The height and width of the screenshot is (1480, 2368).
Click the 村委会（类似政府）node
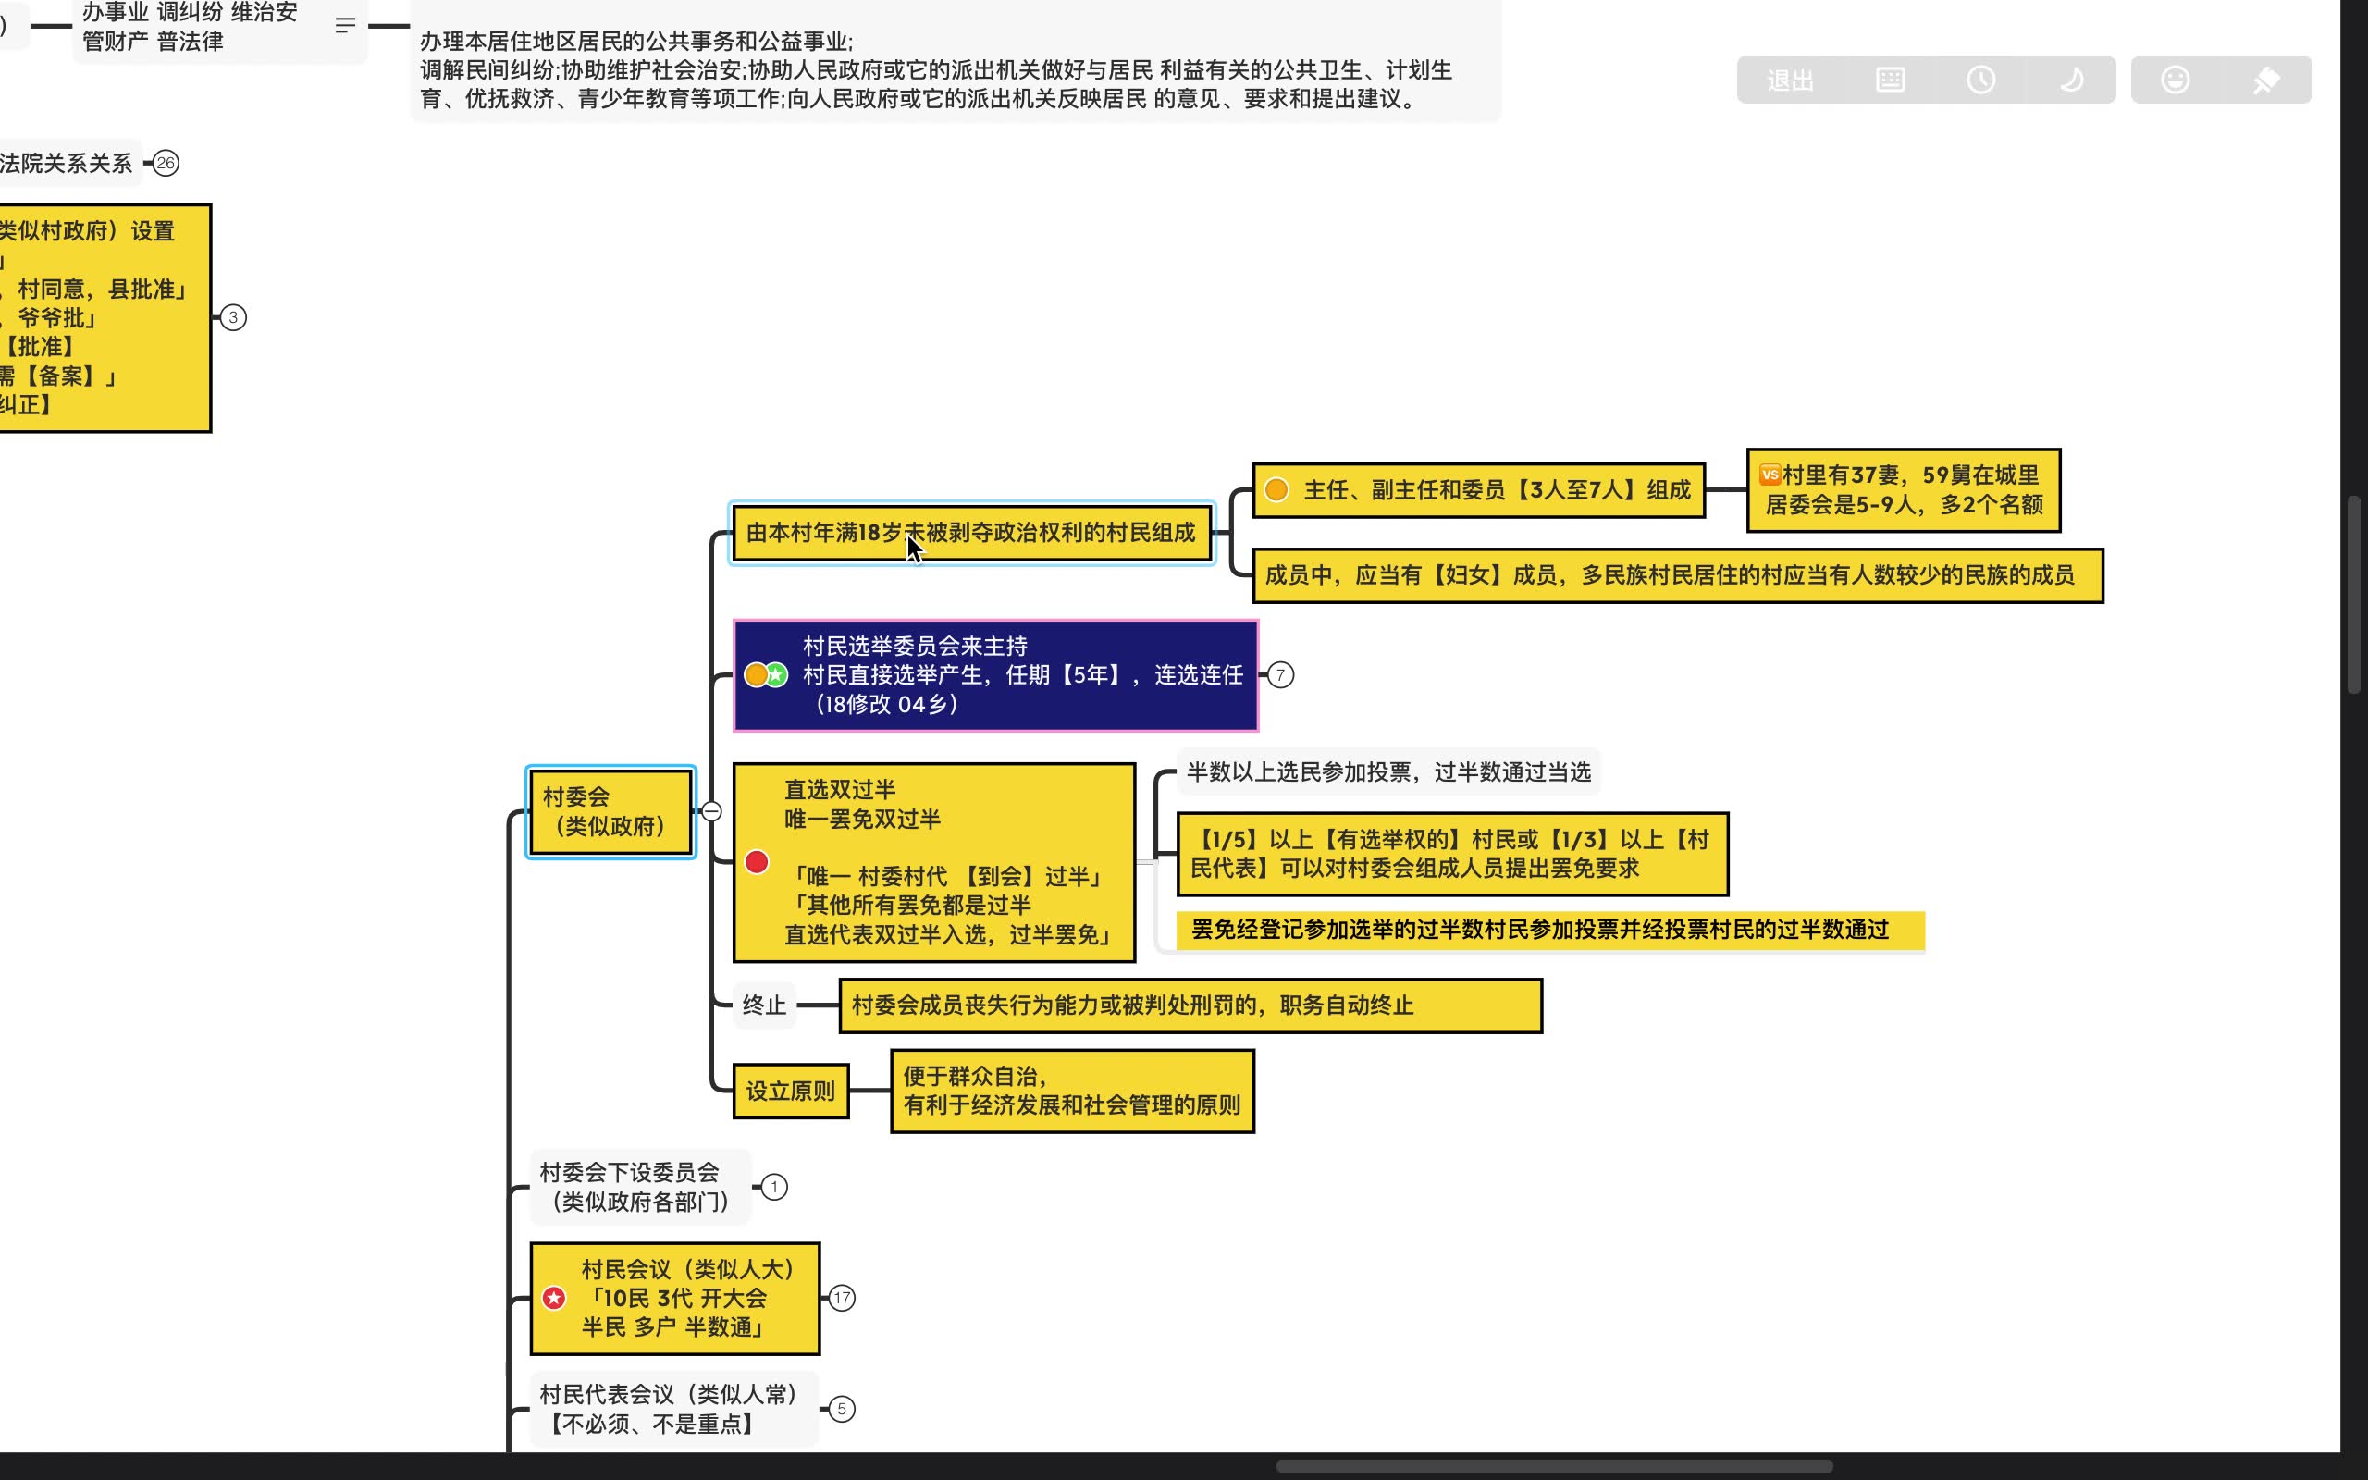click(610, 811)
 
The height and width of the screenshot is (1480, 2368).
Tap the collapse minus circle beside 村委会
click(712, 811)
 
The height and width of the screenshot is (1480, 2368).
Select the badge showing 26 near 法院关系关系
click(166, 164)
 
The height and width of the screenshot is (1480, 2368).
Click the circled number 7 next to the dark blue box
click(1280, 674)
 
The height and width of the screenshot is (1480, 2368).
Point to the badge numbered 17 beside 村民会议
click(842, 1298)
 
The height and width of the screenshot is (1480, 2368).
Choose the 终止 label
click(763, 1005)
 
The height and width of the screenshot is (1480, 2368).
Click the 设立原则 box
click(790, 1091)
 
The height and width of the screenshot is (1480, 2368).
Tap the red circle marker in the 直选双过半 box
click(757, 861)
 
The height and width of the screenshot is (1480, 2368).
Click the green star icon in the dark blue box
click(777, 674)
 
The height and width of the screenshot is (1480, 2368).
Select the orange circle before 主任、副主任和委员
click(1276, 489)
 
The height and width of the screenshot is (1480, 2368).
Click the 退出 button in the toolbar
click(1790, 80)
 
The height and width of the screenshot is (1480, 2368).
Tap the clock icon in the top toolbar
click(1980, 80)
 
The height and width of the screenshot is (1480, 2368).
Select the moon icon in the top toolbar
click(2070, 80)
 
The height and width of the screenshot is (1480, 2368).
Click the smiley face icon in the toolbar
click(2175, 80)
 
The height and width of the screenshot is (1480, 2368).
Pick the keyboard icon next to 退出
click(1890, 80)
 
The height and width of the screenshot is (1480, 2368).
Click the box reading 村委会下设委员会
click(640, 1187)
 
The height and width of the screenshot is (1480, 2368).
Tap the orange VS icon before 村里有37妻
click(1770, 475)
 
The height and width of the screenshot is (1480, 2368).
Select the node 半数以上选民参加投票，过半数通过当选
click(1387, 771)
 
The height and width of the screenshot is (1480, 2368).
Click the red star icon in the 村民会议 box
click(554, 1298)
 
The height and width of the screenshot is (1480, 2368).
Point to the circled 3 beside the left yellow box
click(233, 317)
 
